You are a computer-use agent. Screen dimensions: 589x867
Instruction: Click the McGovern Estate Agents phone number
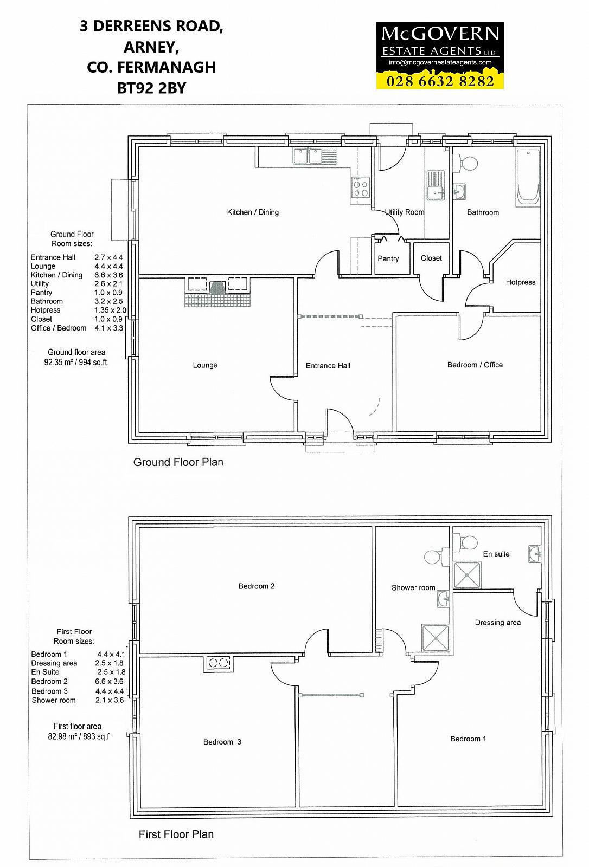440,81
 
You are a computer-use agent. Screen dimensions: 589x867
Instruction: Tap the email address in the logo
440,62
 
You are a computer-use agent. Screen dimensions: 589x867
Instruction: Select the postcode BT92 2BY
151,88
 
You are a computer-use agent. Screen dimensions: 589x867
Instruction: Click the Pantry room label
388,258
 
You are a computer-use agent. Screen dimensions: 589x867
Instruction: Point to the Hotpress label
521,282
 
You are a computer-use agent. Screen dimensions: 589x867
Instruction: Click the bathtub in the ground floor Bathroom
528,178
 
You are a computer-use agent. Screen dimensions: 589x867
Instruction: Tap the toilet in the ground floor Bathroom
465,163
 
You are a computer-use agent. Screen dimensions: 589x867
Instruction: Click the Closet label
431,258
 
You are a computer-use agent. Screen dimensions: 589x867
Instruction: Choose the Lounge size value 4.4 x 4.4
108,266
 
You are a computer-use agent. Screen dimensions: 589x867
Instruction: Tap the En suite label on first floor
496,554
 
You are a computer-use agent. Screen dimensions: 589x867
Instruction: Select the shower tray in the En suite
468,575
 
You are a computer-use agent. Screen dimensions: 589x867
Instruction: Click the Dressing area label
497,623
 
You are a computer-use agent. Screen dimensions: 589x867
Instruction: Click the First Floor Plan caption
176,834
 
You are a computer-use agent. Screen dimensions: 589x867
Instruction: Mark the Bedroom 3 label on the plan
222,742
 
